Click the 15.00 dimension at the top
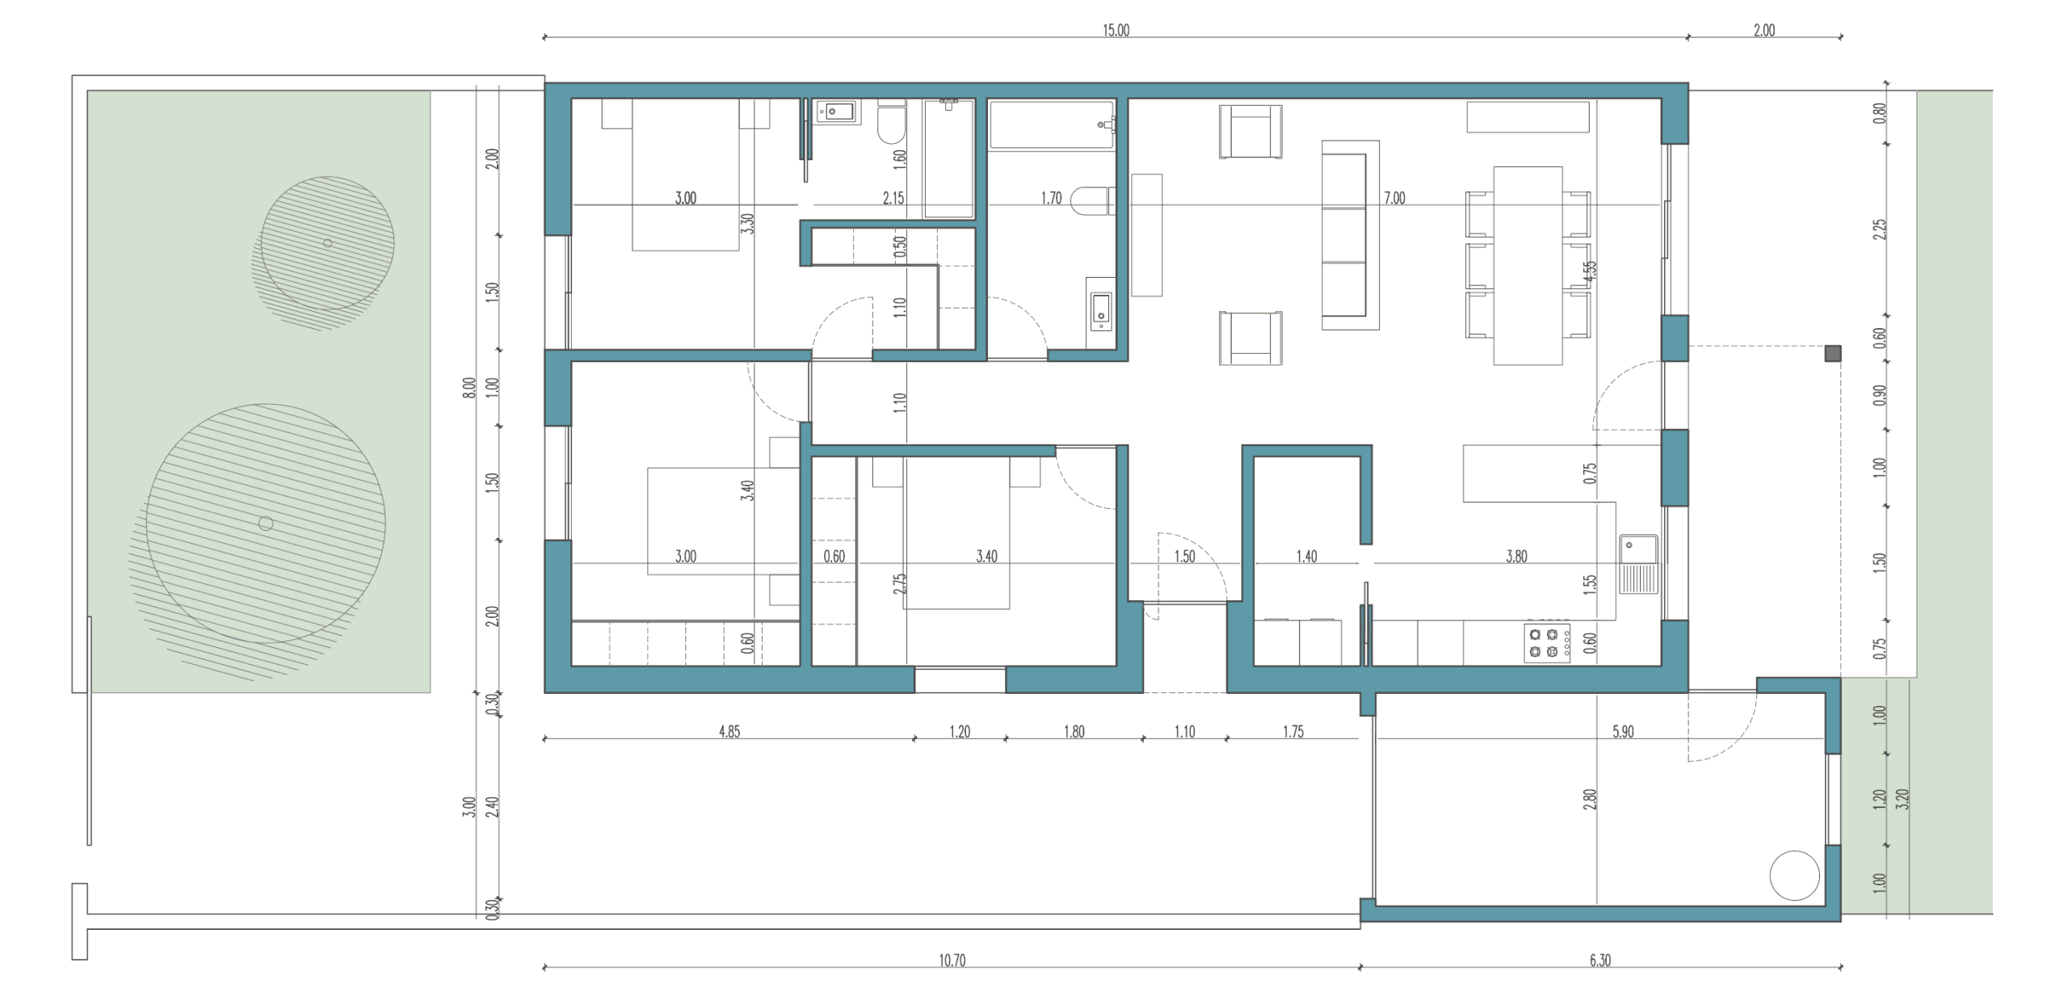[x=1116, y=31]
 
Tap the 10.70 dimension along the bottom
[x=952, y=961]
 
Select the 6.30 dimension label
[x=1599, y=961]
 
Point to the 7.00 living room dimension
[x=1394, y=198]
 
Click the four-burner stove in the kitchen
[x=1547, y=643]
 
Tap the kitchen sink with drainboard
[x=1638, y=564]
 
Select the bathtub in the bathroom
[x=1052, y=124]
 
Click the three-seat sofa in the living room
[x=1350, y=235]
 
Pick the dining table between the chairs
[x=1527, y=266]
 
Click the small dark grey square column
[x=1833, y=353]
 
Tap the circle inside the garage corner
[x=1794, y=876]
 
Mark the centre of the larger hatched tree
[x=266, y=524]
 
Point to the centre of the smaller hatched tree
[x=327, y=243]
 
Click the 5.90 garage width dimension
[x=1622, y=732]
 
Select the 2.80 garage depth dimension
[x=1590, y=800]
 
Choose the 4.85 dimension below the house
[x=729, y=732]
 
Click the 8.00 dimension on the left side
[x=469, y=389]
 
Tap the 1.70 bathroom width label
[x=1051, y=198]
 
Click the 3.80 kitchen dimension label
[x=1516, y=557]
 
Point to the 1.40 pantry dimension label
[x=1306, y=557]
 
